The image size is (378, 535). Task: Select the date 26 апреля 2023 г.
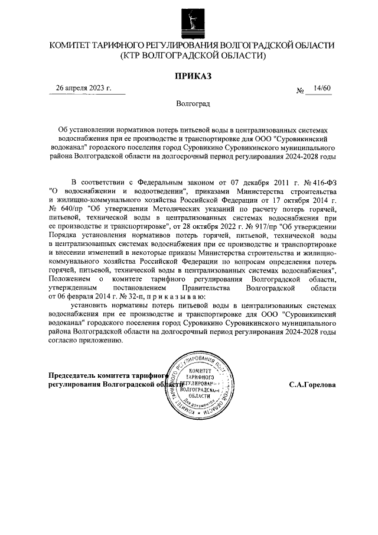point(83,87)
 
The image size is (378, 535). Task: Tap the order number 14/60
point(323,88)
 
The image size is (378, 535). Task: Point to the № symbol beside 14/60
point(301,91)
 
